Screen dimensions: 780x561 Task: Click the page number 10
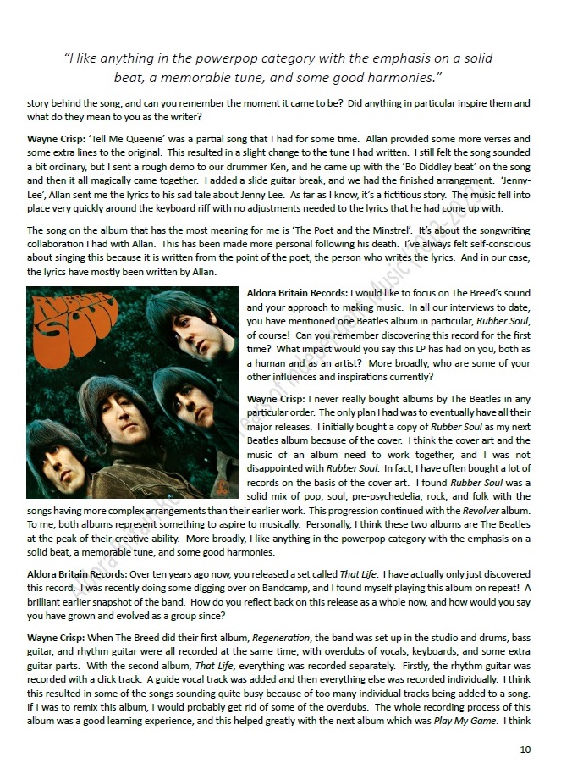coord(525,750)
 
